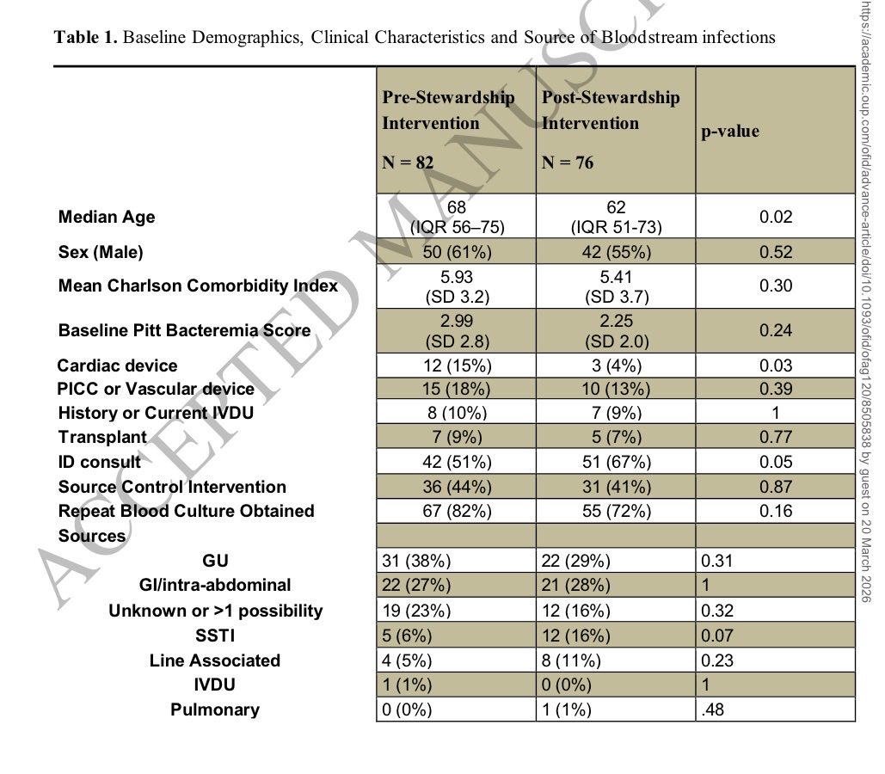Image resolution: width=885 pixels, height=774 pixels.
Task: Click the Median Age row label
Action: click(x=107, y=218)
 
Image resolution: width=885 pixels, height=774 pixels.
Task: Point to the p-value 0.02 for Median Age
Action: click(x=775, y=218)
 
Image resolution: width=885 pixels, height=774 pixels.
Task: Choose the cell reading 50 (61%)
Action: click(x=456, y=252)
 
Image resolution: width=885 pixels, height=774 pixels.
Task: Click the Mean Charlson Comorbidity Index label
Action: click(x=198, y=286)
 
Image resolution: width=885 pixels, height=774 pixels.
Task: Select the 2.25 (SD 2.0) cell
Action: click(x=615, y=330)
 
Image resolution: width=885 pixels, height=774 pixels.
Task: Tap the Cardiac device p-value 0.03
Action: click(x=775, y=365)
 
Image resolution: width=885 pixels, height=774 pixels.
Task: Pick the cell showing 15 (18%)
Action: click(x=456, y=390)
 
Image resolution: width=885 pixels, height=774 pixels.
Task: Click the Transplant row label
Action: click(x=102, y=437)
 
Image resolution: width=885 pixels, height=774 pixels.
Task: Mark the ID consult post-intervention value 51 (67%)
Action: click(x=615, y=462)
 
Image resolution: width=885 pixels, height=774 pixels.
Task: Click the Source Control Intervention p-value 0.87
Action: click(x=775, y=487)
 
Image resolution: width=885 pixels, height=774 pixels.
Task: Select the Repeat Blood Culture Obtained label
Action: click(x=187, y=511)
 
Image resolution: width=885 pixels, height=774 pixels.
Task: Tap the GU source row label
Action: click(x=214, y=561)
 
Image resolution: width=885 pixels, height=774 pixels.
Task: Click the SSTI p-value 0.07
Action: click(x=717, y=636)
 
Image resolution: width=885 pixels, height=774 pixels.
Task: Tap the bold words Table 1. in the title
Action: click(x=86, y=38)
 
